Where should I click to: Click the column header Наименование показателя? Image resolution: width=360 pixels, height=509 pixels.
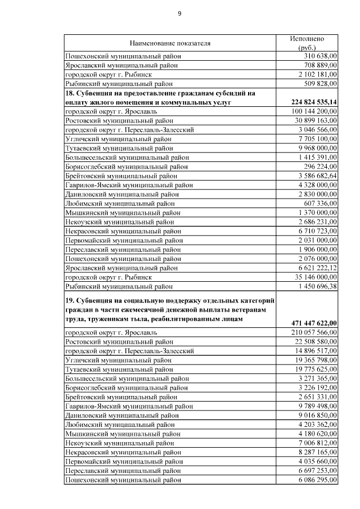click(170, 43)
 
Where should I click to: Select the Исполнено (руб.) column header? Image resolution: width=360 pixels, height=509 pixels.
click(307, 43)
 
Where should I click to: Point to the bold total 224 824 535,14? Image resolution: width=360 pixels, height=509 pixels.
click(308, 102)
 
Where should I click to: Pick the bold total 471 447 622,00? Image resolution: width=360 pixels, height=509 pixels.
click(308, 323)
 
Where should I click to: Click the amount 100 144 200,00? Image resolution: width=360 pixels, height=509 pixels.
click(310, 111)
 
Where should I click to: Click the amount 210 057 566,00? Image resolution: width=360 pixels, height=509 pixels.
click(310, 332)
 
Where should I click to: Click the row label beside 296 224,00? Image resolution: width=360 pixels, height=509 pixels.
click(124, 166)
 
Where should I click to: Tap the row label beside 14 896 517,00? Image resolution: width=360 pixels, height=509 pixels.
click(130, 350)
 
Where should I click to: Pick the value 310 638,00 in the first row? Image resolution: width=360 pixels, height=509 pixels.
click(315, 56)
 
